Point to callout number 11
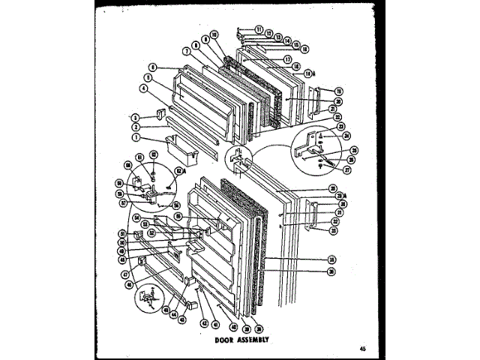(258, 29)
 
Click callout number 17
(287, 58)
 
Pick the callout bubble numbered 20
(338, 100)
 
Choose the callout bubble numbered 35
(330, 259)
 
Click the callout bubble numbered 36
(330, 271)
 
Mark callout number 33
(333, 229)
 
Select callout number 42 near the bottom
(203, 322)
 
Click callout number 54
(137, 217)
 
